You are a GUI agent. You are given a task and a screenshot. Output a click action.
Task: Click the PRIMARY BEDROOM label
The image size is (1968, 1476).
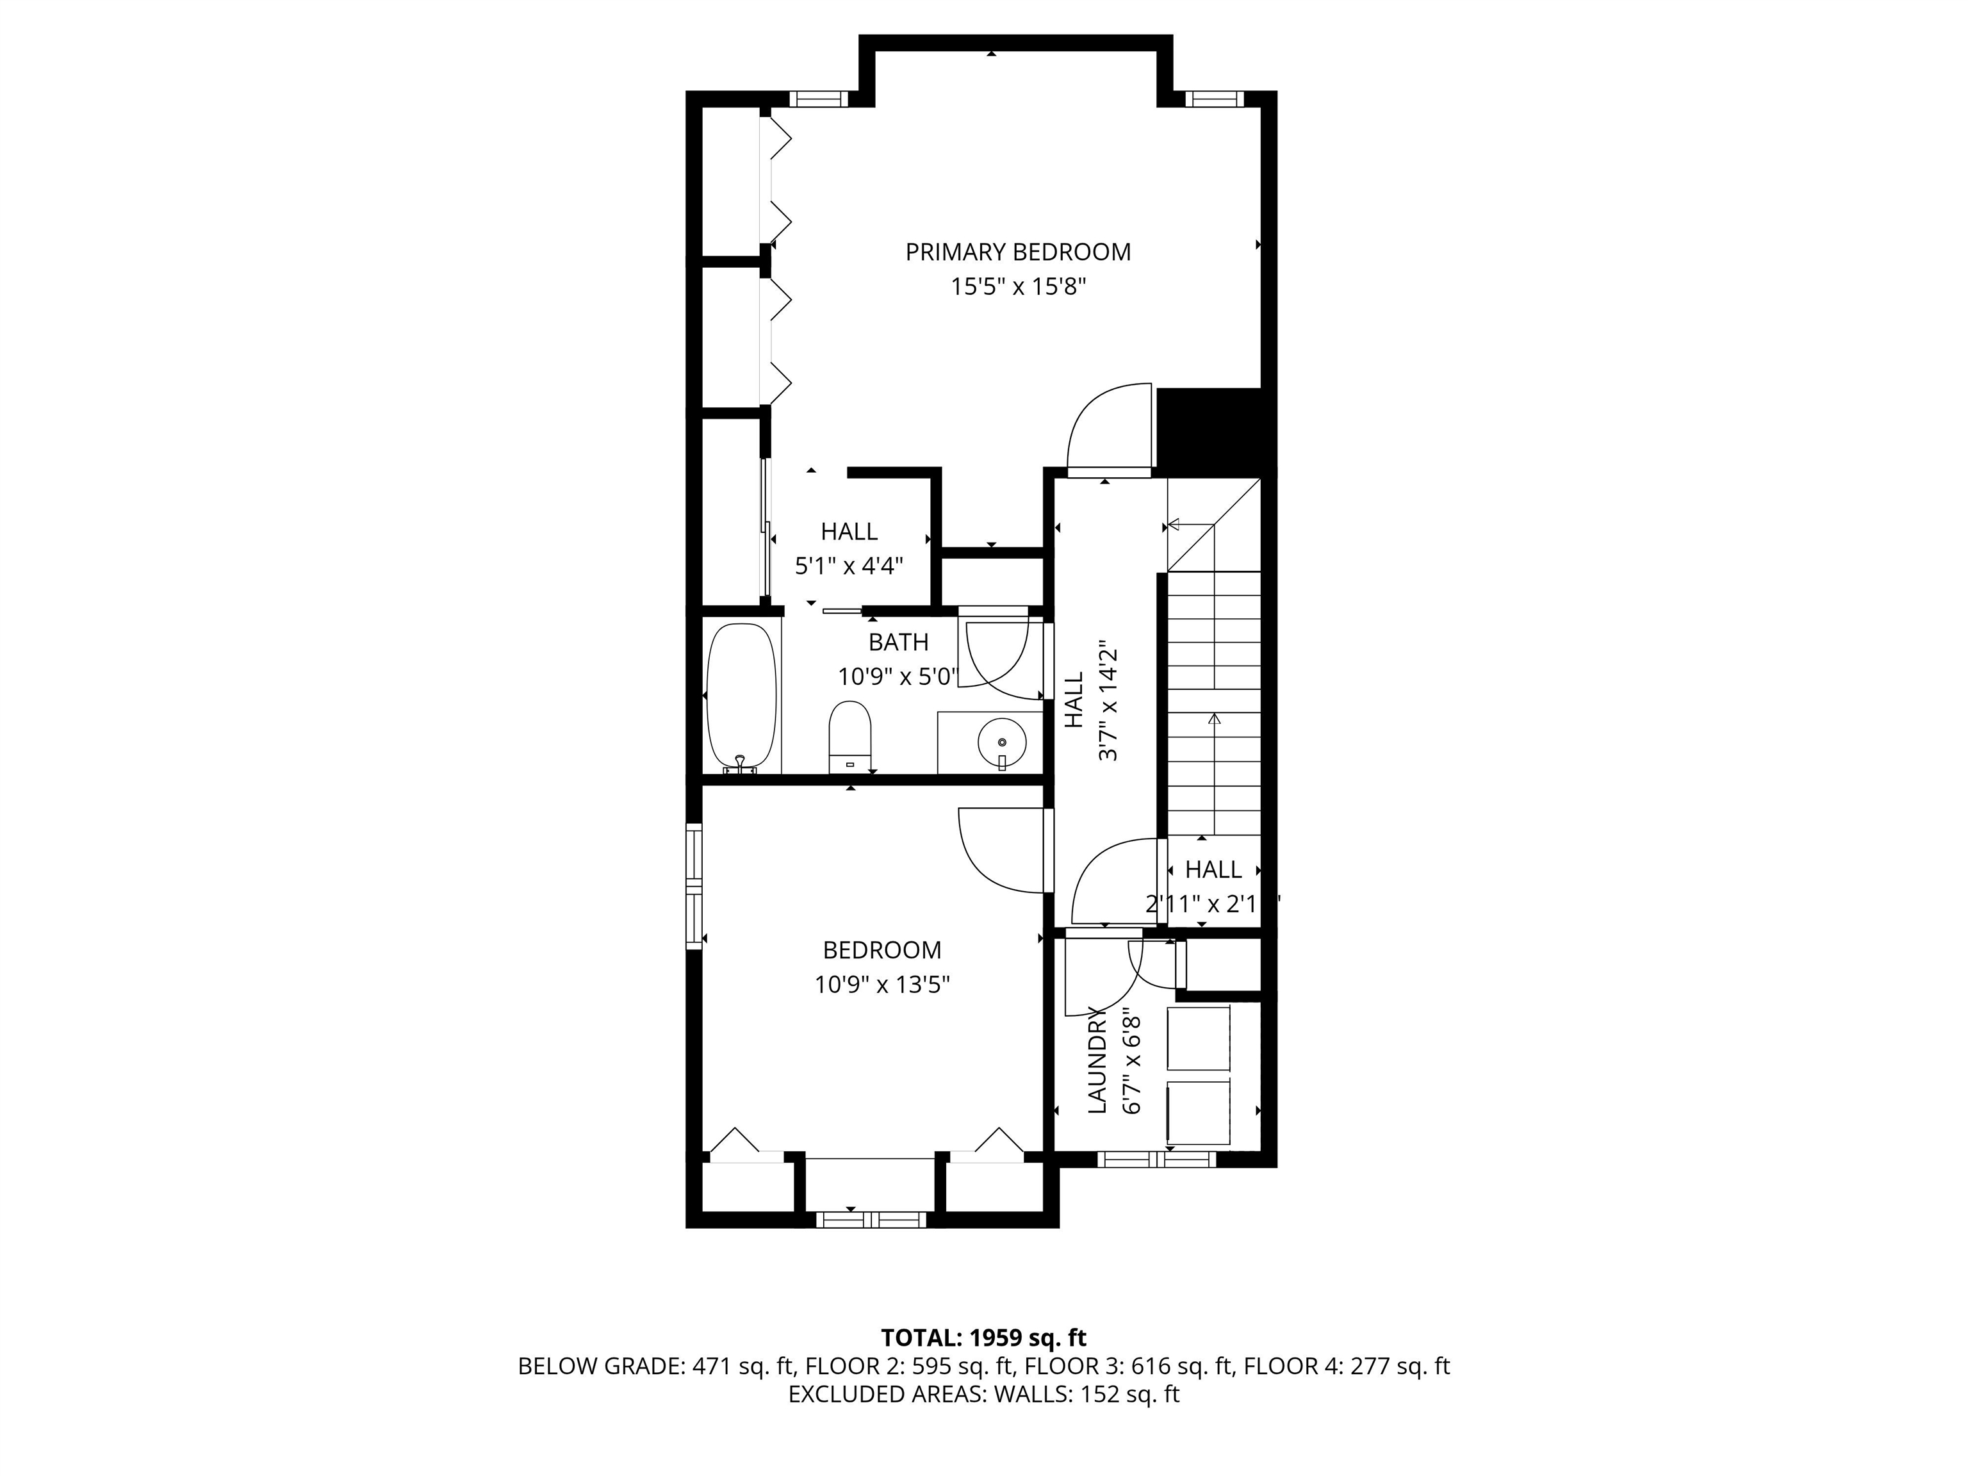[1018, 252]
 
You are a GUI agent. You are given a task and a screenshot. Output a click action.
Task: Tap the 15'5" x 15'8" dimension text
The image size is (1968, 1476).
[1019, 288]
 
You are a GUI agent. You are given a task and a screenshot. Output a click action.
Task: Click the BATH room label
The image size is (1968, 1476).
[899, 643]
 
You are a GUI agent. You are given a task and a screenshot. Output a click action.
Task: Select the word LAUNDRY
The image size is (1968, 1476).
[1097, 1060]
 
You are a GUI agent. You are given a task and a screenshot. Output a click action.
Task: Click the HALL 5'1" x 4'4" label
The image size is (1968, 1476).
[849, 548]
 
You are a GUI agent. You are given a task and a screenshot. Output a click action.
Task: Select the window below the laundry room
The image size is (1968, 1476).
[1156, 1160]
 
